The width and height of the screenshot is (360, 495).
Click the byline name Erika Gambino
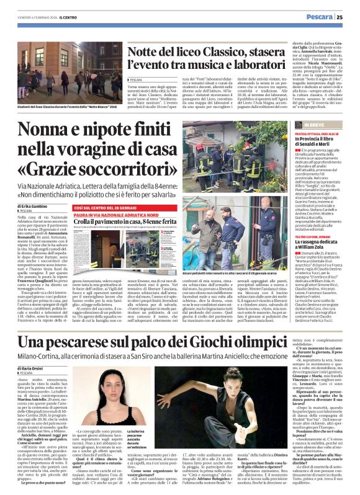[37, 205]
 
